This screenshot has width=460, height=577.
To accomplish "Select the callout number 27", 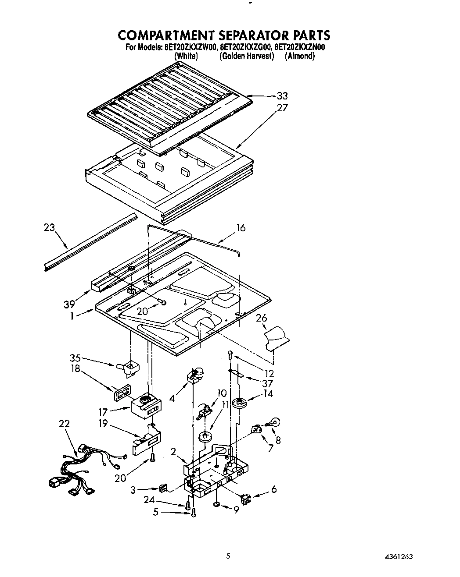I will point(282,108).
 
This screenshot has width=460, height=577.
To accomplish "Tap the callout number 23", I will point(50,227).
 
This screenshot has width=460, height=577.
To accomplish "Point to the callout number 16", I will point(241,228).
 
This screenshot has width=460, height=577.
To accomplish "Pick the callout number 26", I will point(261,318).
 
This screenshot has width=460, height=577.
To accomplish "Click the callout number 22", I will point(64,424).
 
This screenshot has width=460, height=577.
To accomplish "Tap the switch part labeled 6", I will point(246,498).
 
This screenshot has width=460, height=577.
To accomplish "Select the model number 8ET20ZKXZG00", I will point(246,48).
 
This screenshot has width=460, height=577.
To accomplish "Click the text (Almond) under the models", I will point(300,56).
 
